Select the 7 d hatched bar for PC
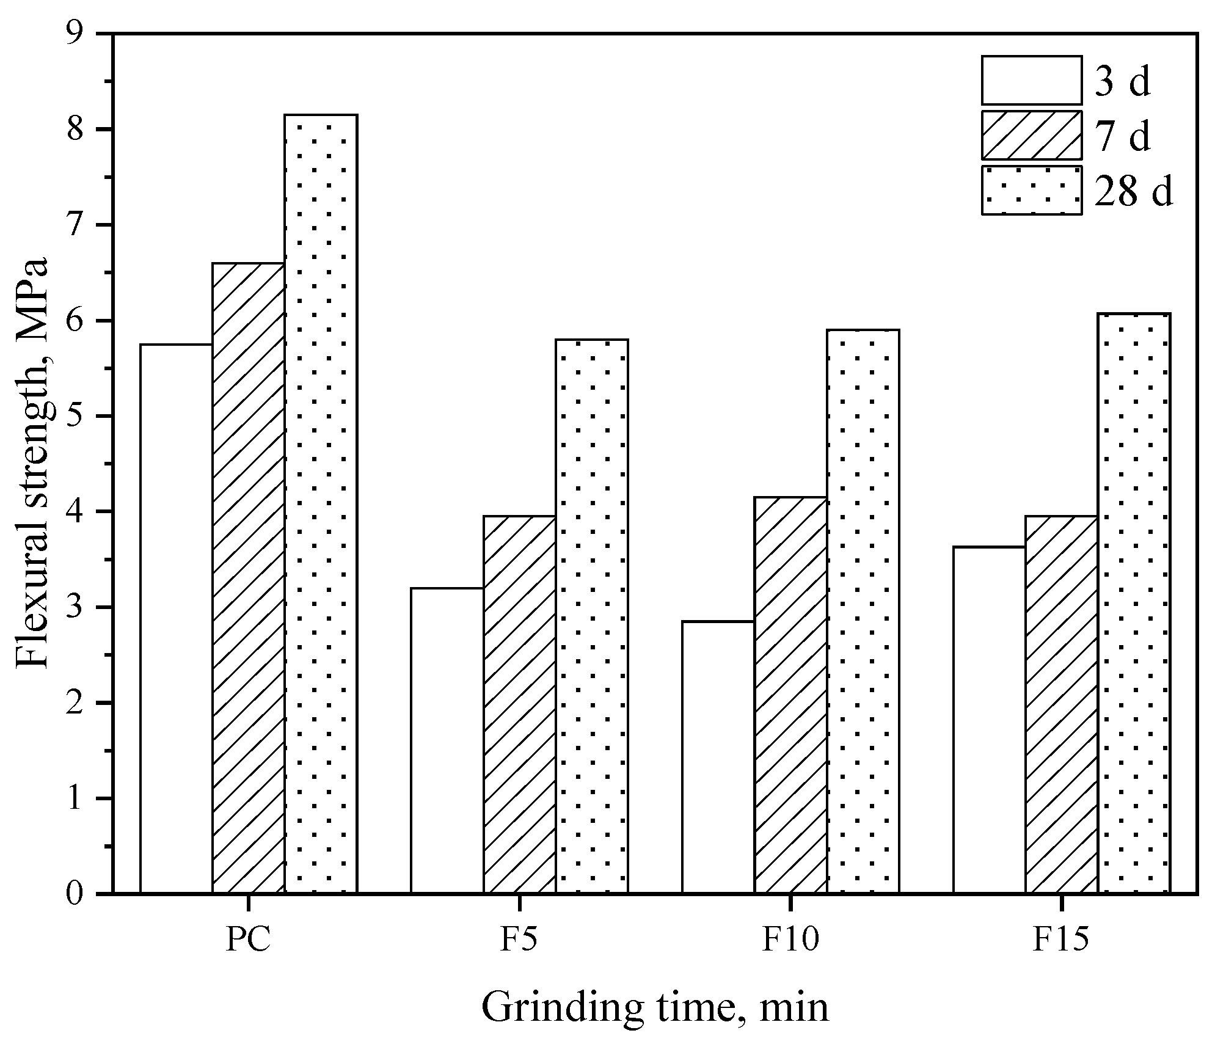[x=249, y=579]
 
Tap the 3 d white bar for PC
[x=176, y=619]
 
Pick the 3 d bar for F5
[x=447, y=740]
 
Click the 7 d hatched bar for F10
[x=790, y=695]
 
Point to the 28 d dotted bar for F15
[x=1134, y=604]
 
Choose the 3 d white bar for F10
[x=718, y=757]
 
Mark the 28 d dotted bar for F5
[x=592, y=616]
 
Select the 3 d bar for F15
[x=989, y=720]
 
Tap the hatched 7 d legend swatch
[x=1032, y=135]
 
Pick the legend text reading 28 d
[x=1133, y=191]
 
